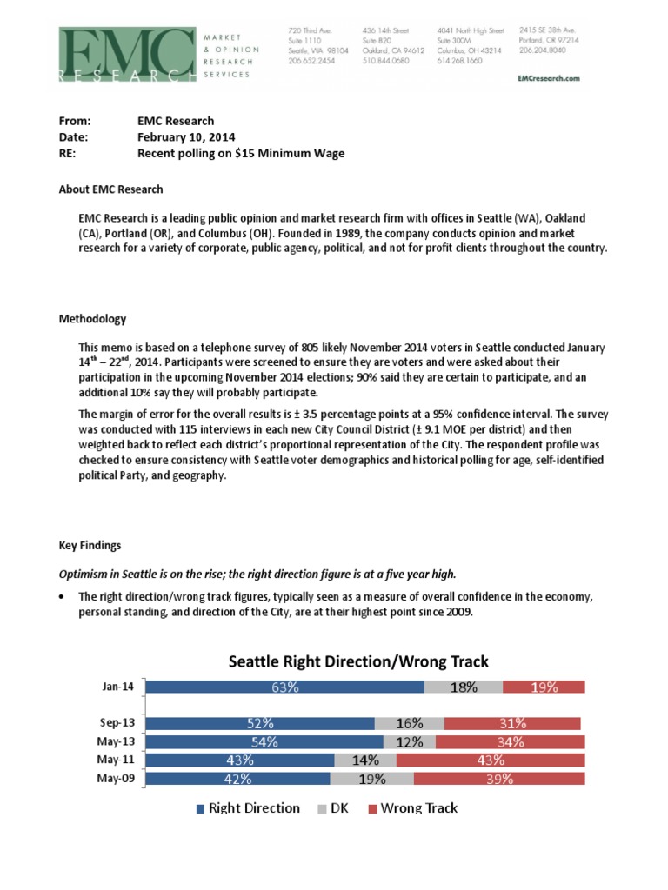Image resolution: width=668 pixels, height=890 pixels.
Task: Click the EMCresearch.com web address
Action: [x=547, y=77]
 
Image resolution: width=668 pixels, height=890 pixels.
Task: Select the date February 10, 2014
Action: [x=186, y=137]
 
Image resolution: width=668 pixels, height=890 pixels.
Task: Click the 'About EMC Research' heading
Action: [x=110, y=189]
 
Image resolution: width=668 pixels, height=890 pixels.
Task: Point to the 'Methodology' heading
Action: [x=92, y=319]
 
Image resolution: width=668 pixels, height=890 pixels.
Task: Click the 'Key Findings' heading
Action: [x=90, y=545]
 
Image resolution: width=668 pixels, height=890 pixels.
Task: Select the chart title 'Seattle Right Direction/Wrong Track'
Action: [x=358, y=661]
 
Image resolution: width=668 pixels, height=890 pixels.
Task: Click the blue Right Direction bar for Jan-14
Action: [x=284, y=687]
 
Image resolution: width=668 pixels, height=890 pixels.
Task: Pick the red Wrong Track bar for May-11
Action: [x=491, y=760]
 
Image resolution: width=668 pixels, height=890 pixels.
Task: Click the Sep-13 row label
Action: [x=117, y=722]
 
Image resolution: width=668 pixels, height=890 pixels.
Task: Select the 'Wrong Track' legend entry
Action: [x=412, y=808]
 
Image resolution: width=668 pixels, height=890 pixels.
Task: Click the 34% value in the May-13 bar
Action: [x=510, y=741]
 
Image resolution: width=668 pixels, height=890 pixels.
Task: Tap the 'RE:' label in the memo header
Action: [x=68, y=154]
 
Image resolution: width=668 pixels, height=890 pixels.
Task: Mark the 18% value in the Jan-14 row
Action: [x=464, y=687]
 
